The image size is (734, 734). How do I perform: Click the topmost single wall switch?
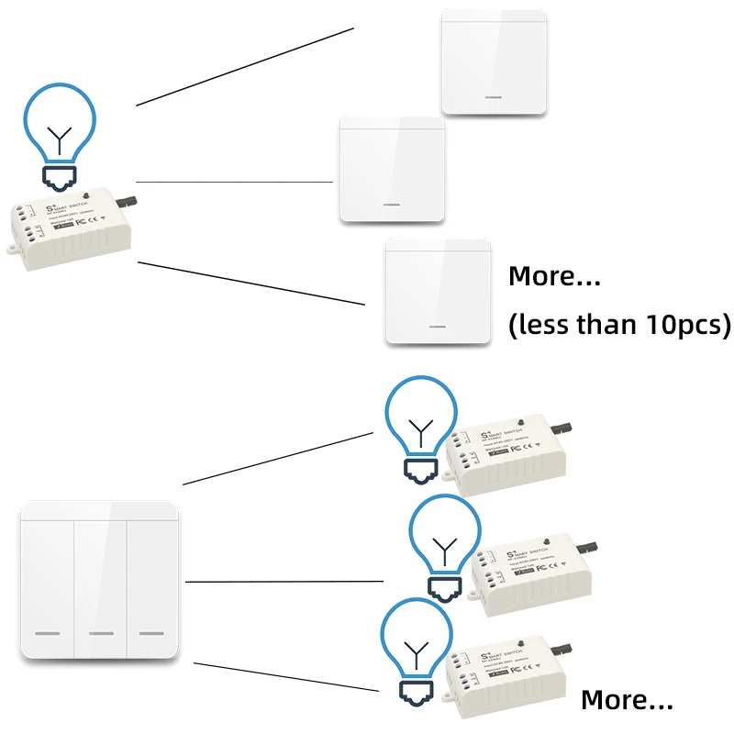[494, 62]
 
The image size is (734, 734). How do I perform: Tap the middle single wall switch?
[393, 170]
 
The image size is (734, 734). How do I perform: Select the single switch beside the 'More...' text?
[439, 291]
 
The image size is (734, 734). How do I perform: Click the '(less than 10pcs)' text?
[619, 325]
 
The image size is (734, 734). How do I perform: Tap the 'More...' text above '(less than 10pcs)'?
[554, 276]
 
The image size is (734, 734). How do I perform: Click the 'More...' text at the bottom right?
[628, 701]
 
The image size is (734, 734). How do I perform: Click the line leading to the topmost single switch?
[245, 66]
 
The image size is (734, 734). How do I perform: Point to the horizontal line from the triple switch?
[284, 581]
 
